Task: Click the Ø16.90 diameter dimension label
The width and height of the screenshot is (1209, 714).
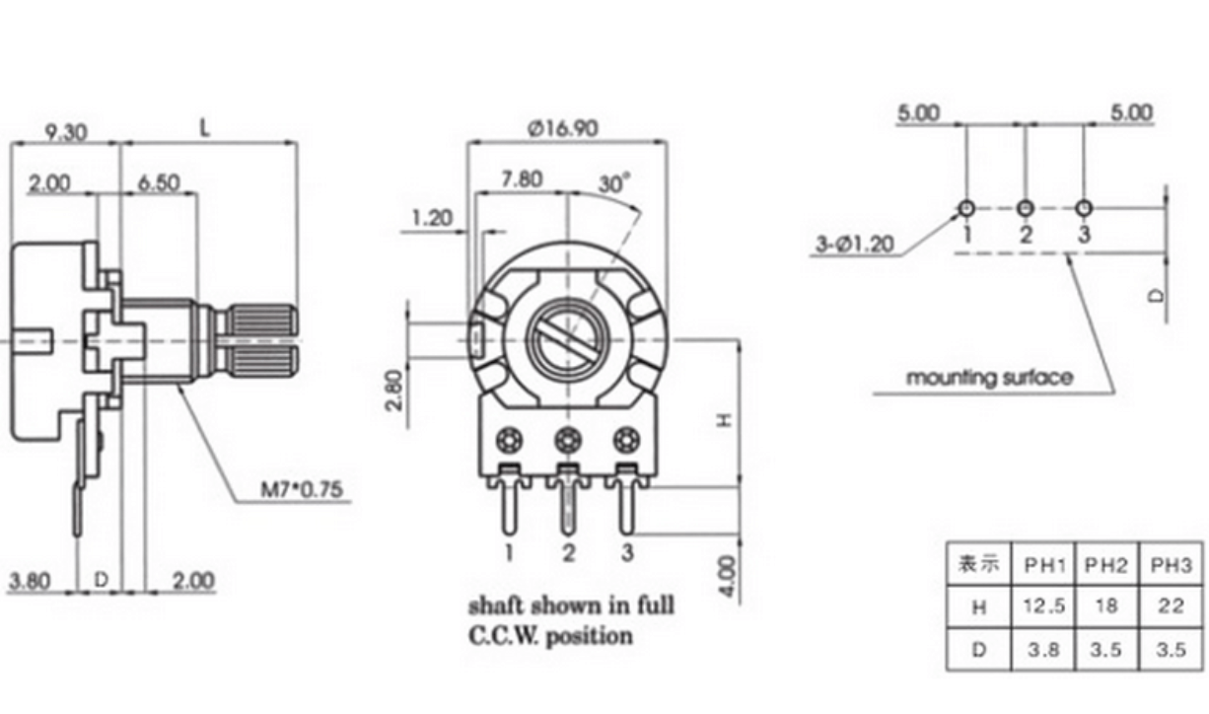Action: click(x=563, y=128)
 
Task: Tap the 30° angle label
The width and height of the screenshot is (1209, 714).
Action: click(x=614, y=183)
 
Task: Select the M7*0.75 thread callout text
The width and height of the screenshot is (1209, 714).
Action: click(x=302, y=489)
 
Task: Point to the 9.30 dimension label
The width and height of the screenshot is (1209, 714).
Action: click(x=65, y=132)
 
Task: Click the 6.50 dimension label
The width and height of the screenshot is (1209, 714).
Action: click(x=159, y=183)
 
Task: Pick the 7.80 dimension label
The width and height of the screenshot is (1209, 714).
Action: click(x=522, y=179)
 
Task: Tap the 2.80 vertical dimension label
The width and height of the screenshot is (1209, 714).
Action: click(x=395, y=391)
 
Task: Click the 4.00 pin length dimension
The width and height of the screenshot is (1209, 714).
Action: click(x=728, y=576)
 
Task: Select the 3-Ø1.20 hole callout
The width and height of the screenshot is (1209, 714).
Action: click(x=855, y=245)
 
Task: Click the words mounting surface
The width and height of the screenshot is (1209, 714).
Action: click(x=989, y=378)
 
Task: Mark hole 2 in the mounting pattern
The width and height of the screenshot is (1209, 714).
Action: click(x=1025, y=208)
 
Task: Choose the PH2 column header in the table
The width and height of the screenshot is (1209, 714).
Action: click(x=1106, y=565)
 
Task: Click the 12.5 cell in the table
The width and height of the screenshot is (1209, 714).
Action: click(x=1044, y=606)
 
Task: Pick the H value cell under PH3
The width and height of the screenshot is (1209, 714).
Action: click(x=1171, y=606)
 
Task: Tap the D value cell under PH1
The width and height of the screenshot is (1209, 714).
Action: click(x=1043, y=650)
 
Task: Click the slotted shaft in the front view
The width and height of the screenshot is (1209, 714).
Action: click(x=565, y=340)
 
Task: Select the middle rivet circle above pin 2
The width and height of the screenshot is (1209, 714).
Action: click(x=568, y=441)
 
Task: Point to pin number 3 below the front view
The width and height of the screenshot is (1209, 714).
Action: click(x=627, y=552)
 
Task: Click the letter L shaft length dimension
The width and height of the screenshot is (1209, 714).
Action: click(x=204, y=128)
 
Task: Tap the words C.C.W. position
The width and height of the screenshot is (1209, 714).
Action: click(x=550, y=636)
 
